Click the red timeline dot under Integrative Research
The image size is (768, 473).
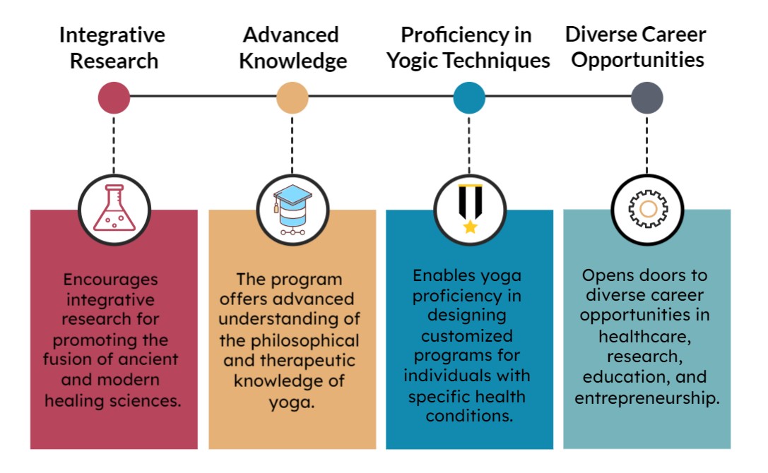(x=114, y=97)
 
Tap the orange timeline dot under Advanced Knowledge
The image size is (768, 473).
(x=292, y=97)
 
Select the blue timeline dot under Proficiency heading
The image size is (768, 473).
(x=468, y=97)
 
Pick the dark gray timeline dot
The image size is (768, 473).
(x=646, y=97)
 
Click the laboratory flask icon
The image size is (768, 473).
(x=114, y=208)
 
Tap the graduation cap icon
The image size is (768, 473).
(x=293, y=210)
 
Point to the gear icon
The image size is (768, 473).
(x=648, y=209)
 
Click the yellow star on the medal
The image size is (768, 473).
(x=471, y=226)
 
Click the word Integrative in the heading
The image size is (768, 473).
(x=112, y=35)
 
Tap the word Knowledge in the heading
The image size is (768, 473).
(x=293, y=61)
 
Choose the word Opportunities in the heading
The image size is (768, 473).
(x=638, y=60)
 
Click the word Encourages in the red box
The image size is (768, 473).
(x=111, y=280)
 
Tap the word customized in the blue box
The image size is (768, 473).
(x=467, y=336)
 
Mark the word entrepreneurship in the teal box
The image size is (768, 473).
(x=647, y=398)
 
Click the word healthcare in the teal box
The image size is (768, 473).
(x=644, y=336)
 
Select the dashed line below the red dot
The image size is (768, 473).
(x=114, y=145)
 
